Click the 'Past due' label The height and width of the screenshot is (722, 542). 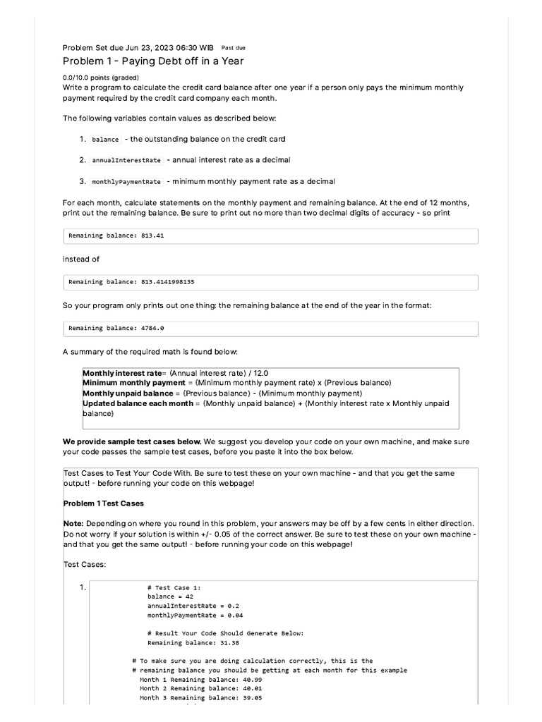pos(233,48)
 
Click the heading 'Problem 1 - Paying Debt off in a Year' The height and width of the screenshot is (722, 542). pos(153,61)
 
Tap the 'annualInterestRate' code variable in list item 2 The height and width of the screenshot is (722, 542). pos(126,161)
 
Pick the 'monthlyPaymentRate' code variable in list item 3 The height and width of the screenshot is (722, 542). pos(126,182)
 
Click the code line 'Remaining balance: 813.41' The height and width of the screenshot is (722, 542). pos(116,235)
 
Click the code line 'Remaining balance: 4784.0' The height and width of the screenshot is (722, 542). pos(116,329)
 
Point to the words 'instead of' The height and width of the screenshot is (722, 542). pos(81,259)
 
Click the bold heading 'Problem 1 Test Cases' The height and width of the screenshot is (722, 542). pos(104,503)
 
